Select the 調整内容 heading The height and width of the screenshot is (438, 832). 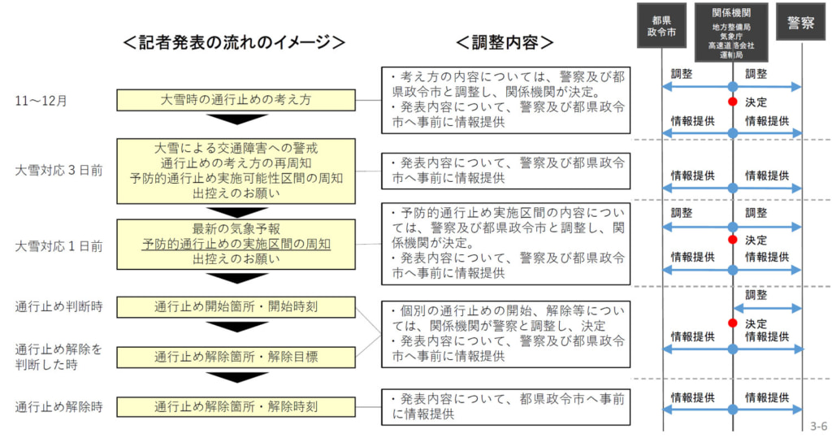tap(505, 42)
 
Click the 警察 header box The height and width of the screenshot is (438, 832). tap(801, 24)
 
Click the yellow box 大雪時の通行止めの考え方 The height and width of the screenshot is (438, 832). tap(236, 101)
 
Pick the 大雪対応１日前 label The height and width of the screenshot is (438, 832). tap(58, 245)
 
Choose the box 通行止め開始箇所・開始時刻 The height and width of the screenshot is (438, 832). tap(236, 307)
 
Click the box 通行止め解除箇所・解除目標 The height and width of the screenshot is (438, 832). tap(236, 357)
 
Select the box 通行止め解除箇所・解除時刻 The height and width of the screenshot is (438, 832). tap(236, 406)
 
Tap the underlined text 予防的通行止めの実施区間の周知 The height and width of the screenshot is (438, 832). tap(236, 244)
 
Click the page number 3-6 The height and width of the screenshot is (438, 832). tap(817, 426)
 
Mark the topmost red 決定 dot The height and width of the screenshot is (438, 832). tap(732, 102)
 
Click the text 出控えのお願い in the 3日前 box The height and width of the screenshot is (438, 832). tap(236, 193)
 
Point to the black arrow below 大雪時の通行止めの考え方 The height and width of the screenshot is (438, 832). tap(236, 119)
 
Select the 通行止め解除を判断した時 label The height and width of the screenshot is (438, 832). tap(58, 357)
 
